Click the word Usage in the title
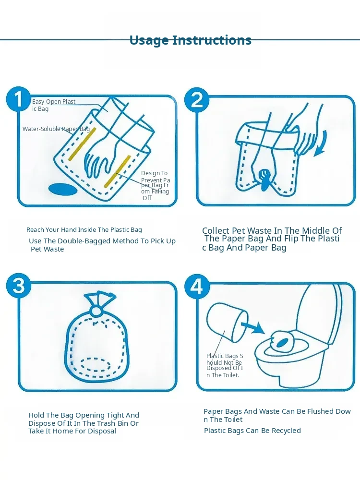coord(149,40)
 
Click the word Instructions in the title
coord(212,40)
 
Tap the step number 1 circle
coord(18,99)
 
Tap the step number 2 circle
coord(197,99)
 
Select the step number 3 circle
coord(19,285)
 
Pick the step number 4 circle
coord(197,287)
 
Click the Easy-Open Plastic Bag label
coord(54,105)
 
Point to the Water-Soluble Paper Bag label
coord(56,129)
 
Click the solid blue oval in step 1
coord(63,189)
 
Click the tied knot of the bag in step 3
coord(97,311)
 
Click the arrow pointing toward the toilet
coord(252,327)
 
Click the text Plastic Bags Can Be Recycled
coord(252,431)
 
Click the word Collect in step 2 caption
coord(216,230)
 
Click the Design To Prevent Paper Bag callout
coord(155,185)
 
